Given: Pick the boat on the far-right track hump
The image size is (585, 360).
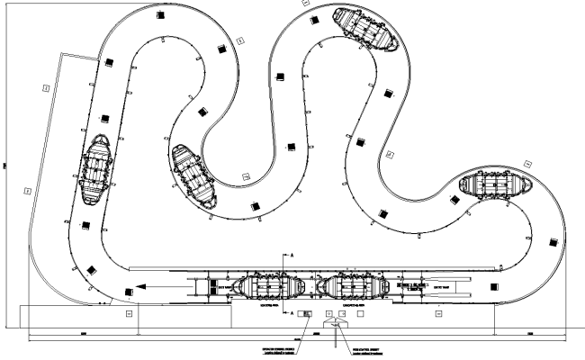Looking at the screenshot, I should point(494,186).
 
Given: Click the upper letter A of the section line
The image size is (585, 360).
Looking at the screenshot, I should point(292,256).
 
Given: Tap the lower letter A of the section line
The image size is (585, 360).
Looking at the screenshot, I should point(292,312).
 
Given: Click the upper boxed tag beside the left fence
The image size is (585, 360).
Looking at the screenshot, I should point(46,86).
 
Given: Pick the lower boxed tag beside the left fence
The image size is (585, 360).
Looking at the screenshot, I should point(28,190).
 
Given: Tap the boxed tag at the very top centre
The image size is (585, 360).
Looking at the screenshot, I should point(305,3).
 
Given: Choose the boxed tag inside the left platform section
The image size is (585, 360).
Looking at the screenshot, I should point(130,314).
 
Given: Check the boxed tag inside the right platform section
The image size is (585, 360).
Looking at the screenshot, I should point(438,315).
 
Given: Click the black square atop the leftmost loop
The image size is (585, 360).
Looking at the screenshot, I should point(160,15).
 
